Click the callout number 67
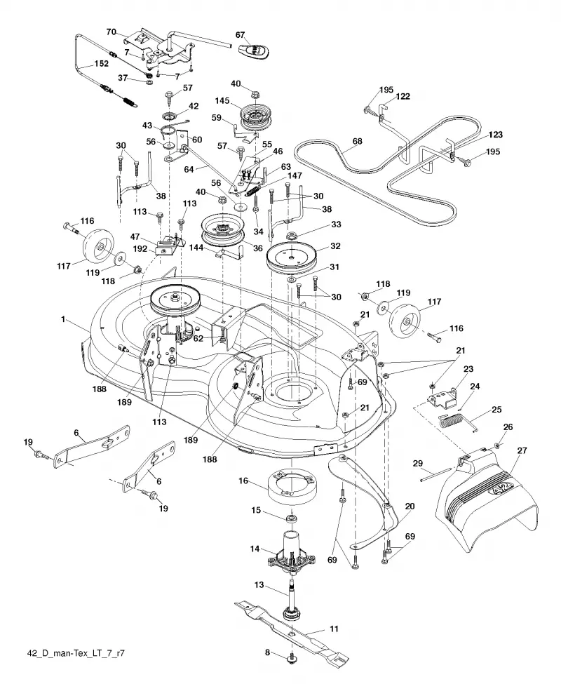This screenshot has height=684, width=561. click(x=241, y=35)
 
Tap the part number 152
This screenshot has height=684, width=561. click(x=101, y=64)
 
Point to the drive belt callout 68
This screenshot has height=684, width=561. click(x=358, y=141)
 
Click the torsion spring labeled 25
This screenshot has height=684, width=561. click(x=458, y=422)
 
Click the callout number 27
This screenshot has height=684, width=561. click(x=522, y=450)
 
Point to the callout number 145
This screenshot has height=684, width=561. click(x=222, y=101)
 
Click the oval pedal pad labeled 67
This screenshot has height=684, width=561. click(x=254, y=51)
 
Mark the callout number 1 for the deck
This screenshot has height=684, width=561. click(x=63, y=319)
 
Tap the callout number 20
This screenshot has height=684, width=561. click(x=410, y=507)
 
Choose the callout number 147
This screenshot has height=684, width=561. click(x=295, y=176)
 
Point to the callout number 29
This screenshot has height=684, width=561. click(x=417, y=463)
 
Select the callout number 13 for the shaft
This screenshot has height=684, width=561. click(x=259, y=584)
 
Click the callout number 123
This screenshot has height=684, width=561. click(x=495, y=135)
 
